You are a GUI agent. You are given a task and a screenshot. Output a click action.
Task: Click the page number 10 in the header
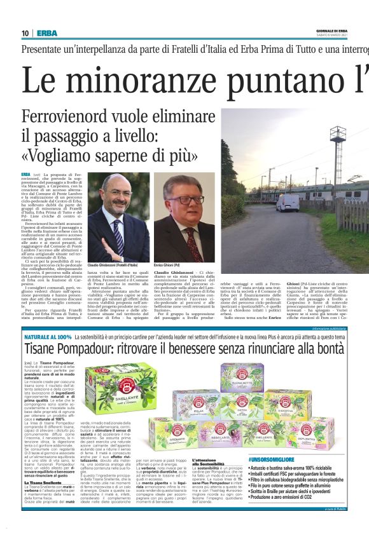point(25,33)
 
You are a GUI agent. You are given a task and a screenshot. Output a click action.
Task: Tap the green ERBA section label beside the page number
point(46,33)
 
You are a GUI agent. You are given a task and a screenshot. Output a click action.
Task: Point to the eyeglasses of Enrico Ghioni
point(185,200)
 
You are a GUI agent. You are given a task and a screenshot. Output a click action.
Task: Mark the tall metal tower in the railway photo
point(338,152)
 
